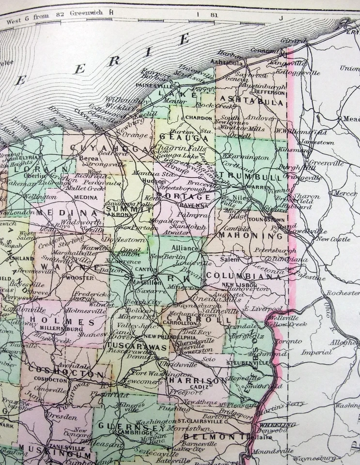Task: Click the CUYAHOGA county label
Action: [x=103, y=148]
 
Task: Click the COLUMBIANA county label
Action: [x=244, y=276]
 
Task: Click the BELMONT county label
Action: [x=213, y=437]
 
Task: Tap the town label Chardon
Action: [x=199, y=118]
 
